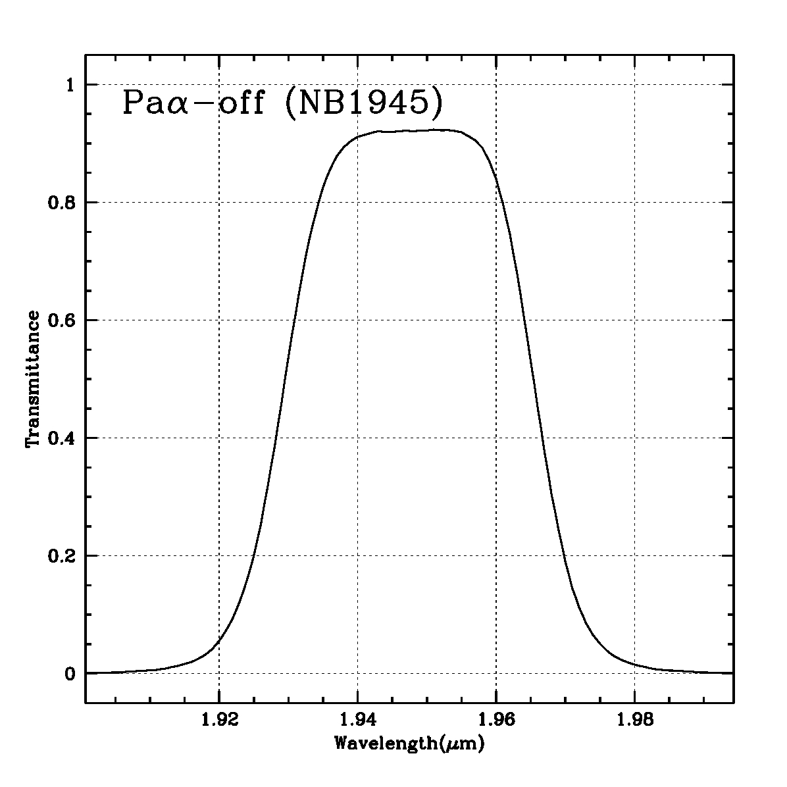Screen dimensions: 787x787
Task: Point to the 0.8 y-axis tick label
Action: [x=63, y=203]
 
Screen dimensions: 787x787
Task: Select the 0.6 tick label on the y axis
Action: [x=63, y=320]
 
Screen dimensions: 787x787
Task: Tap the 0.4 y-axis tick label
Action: [x=63, y=438]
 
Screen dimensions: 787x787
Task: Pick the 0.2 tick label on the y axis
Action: [x=63, y=556]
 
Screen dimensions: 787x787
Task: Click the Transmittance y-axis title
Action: [x=33, y=379]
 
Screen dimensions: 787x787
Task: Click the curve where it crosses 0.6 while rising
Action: [x=295, y=320]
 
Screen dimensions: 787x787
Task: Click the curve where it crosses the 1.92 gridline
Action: [x=218, y=642]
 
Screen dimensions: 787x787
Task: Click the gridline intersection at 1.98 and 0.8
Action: [x=634, y=203]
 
